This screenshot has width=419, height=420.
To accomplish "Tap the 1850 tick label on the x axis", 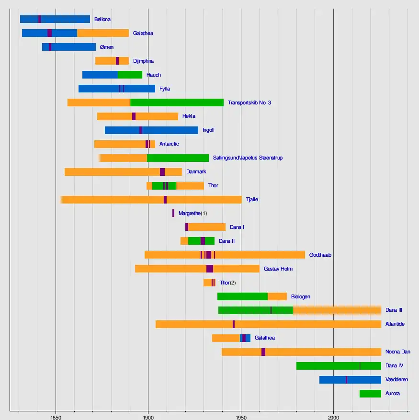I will coord(56,416).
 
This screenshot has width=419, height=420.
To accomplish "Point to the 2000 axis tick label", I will coord(333,416).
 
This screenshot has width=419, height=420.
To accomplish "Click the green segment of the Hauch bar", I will coord(130,75).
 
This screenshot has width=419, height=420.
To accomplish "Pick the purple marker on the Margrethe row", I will coord(173,213).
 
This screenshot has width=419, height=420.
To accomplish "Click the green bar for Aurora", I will coord(370,394).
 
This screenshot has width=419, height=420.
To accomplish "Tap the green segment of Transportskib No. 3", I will coord(177,102).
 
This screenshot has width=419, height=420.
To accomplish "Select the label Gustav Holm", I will coord(278,269).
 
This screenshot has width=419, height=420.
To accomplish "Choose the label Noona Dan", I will coord(397,352).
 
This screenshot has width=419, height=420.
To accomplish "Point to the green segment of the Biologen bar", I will coord(242,296).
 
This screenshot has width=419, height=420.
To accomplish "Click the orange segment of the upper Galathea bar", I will coord(103,33).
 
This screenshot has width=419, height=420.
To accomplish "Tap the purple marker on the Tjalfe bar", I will coord(165,200).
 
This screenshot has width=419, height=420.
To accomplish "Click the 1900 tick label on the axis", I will coord(148,416).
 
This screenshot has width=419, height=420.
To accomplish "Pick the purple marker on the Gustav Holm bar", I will coord(210,269).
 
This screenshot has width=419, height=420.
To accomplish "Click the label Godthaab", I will coord(320,255).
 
